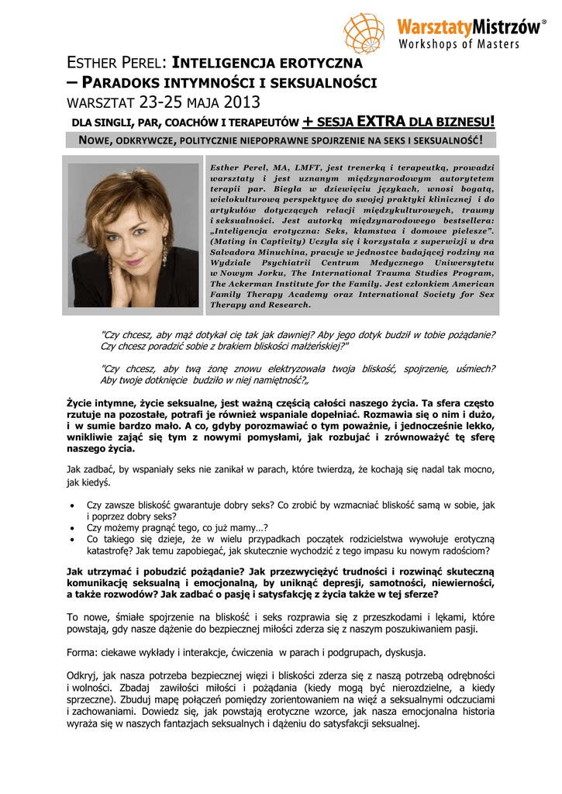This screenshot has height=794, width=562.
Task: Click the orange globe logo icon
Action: pos(364,32)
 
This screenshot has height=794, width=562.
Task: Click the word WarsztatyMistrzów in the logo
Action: pos(467,28)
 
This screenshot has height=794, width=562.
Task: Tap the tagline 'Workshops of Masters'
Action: pos(459,44)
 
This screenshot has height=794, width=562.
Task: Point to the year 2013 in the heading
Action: pos(242,102)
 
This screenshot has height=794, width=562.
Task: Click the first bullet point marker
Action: pos(72,505)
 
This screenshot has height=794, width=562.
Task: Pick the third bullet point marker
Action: pos(72,539)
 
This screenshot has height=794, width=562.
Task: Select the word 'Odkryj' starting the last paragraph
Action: pos(84,676)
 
